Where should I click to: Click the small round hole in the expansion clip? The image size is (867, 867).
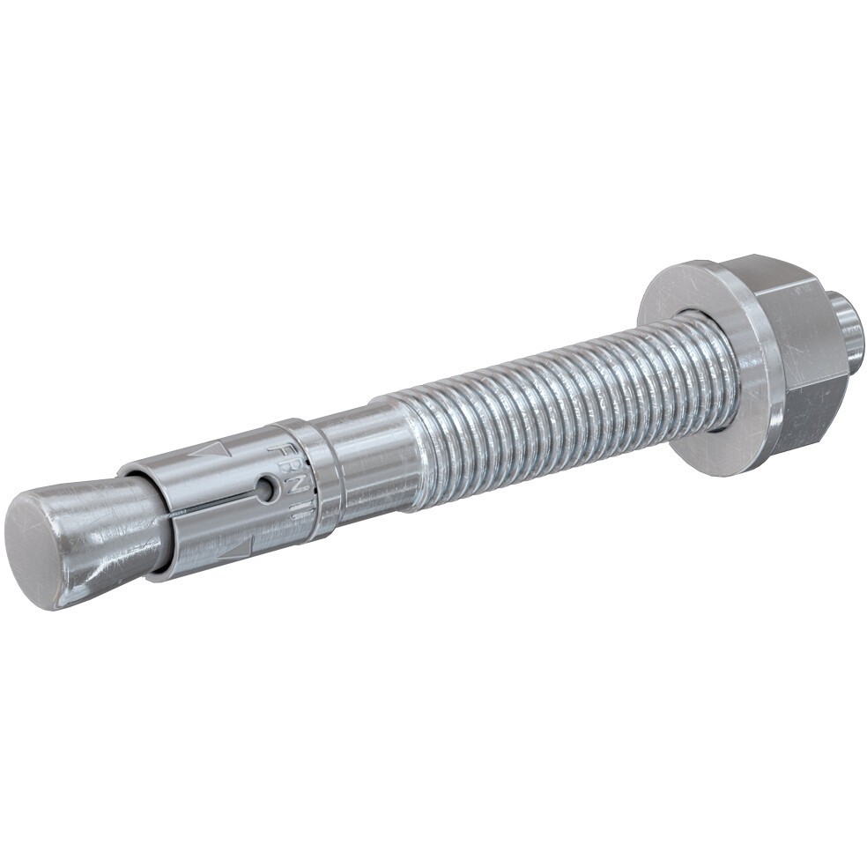265,488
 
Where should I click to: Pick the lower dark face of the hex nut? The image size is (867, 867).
806,414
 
